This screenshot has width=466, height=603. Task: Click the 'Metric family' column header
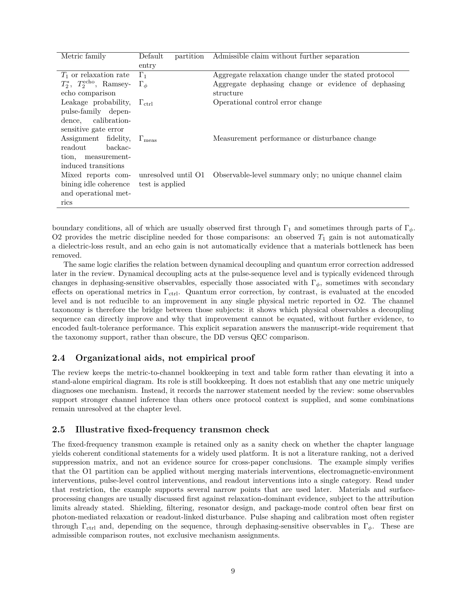pos(83,56)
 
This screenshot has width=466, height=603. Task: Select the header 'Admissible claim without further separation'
pos(286,56)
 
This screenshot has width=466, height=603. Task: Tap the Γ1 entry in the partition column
pos(143,75)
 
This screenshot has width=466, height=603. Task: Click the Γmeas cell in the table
pos(148,139)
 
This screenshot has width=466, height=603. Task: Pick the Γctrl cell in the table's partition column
pos(146,103)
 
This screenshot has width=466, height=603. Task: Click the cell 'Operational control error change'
pos(267,102)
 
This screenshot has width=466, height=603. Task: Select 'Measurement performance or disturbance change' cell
pos(294,139)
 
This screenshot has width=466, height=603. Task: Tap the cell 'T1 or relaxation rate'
pos(95,75)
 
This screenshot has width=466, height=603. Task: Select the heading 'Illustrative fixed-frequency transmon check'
pos(172,429)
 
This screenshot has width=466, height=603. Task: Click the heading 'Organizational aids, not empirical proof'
pos(165,358)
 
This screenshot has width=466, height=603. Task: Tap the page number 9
pos(233,571)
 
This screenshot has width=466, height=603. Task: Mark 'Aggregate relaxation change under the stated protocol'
pos(303,75)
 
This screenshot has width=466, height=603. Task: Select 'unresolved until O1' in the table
pos(171,175)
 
